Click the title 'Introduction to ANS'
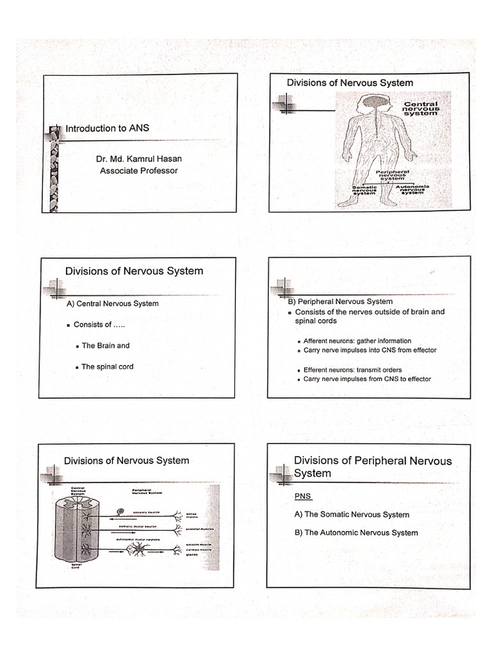pyautogui.click(x=107, y=128)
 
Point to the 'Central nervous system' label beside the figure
pyautogui.click(x=420, y=108)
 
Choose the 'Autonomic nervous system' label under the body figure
pyautogui.click(x=413, y=190)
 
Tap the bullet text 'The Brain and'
pyautogui.click(x=105, y=346)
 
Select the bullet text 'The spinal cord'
pyautogui.click(x=107, y=367)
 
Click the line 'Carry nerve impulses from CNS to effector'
pyautogui.click(x=366, y=379)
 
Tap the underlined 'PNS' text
pyautogui.click(x=302, y=497)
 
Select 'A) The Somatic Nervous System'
pyautogui.click(x=351, y=515)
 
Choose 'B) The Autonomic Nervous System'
pyautogui.click(x=356, y=533)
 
